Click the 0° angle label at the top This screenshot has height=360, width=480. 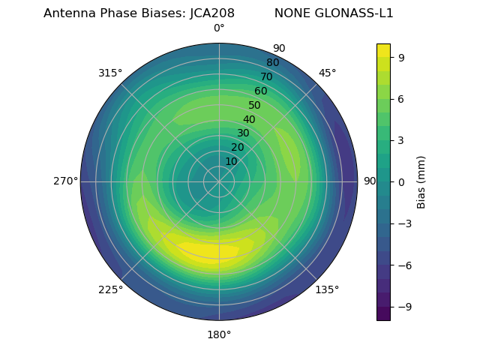point(219,28)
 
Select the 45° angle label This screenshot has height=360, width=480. point(328,73)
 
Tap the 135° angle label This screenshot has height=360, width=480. point(327,289)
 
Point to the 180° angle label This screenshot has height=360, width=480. point(219,334)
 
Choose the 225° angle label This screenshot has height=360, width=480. point(110,289)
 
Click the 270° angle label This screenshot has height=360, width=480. point(65,181)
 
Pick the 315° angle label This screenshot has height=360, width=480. point(110,73)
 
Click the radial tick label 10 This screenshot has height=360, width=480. point(231,161)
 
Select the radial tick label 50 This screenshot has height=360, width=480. point(255,105)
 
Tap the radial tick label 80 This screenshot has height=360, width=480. point(272,62)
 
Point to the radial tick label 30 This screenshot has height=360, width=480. point(243,133)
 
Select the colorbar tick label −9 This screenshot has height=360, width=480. point(399,307)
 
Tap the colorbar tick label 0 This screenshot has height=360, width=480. point(402,181)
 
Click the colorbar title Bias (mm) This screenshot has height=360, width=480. point(421,181)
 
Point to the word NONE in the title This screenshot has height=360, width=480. point(289,13)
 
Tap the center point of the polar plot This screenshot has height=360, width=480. point(219,181)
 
